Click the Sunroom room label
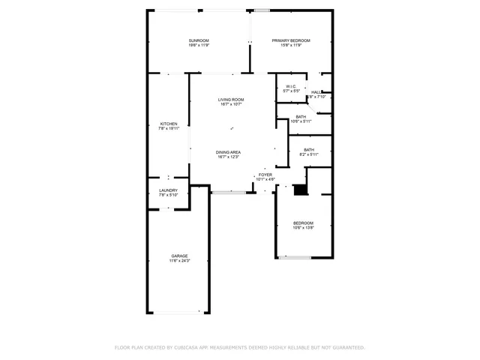[x=199, y=40]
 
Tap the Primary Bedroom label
[x=291, y=40]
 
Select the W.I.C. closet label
[x=291, y=86]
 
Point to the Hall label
[x=316, y=92]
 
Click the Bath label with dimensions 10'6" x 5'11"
[x=301, y=116]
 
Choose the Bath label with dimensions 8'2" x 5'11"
[x=309, y=149]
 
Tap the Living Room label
[x=231, y=100]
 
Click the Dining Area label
[x=228, y=152]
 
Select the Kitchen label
[x=169, y=124]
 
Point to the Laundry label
[x=169, y=190]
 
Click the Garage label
[x=179, y=256]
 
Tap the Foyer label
[x=265, y=175]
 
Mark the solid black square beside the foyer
[x=300, y=190]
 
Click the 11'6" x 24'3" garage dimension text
[x=179, y=261]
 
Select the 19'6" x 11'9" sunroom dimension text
[x=199, y=46]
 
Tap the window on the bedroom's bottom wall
[x=295, y=258]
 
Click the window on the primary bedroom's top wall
[x=262, y=10]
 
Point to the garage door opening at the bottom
[x=178, y=312]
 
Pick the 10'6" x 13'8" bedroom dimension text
[x=303, y=228]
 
